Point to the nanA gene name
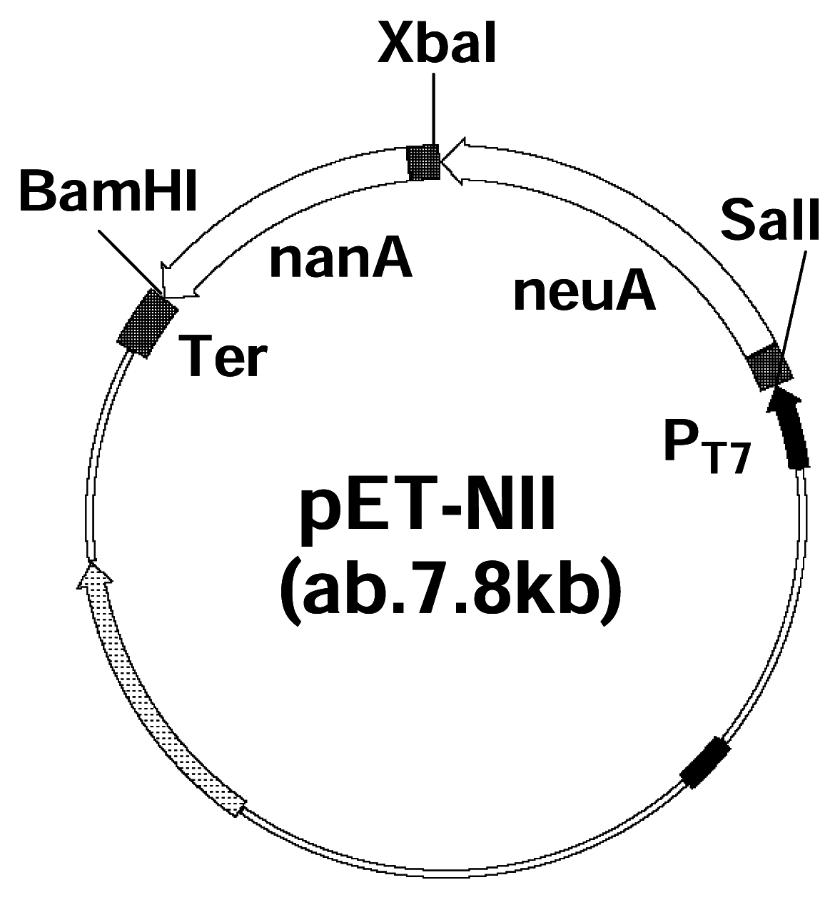click(340, 261)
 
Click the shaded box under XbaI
click(423, 162)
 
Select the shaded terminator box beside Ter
click(148, 323)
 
